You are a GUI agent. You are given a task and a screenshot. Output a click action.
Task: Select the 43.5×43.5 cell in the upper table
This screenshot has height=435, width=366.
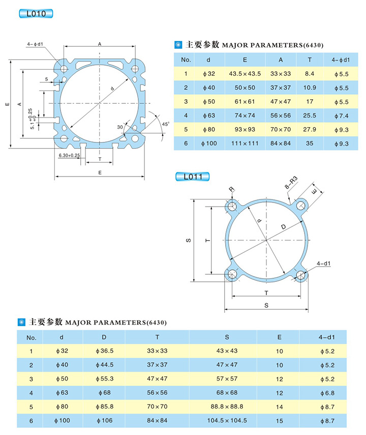[x=245, y=74]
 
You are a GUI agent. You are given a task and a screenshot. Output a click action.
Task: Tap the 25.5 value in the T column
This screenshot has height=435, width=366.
[x=310, y=115]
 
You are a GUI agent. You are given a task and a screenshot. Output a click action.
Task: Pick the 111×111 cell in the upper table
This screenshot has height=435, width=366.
[x=245, y=143]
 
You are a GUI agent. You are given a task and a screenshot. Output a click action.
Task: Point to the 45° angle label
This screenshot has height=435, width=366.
[x=165, y=124]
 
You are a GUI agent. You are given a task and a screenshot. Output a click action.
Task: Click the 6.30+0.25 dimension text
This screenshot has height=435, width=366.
[x=70, y=155]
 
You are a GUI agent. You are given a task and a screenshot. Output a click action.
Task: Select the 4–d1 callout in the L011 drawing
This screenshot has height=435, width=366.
[x=323, y=263]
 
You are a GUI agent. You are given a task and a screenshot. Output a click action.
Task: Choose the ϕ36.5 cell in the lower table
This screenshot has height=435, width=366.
[x=104, y=351]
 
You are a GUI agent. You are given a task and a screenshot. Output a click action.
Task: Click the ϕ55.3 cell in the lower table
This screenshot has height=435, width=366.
[x=104, y=379]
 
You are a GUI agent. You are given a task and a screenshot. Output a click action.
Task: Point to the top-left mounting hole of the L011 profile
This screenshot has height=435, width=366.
[x=233, y=206]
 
